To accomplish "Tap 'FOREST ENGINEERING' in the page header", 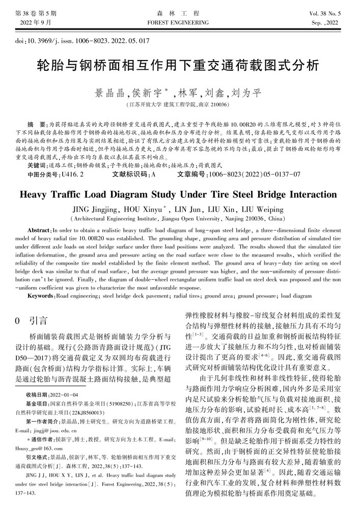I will [180, 23].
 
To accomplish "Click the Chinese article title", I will [179, 67].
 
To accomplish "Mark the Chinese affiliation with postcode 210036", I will [179, 105].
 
